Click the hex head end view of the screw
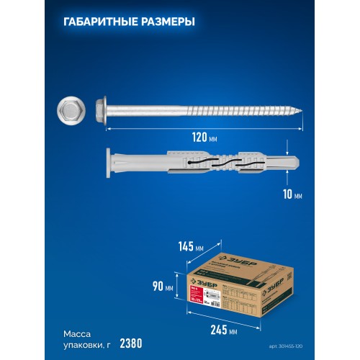pos(71,109)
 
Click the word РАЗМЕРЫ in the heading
pos(163,22)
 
